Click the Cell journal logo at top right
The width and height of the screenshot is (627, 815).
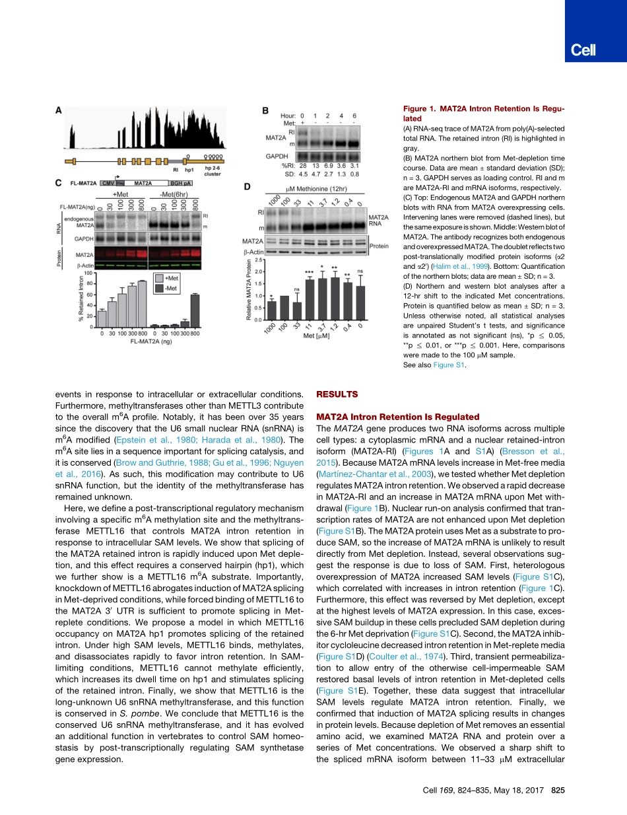pos(583,50)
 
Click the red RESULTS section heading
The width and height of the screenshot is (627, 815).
pos(337,394)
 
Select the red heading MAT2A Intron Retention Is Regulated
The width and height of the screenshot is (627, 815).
pos(399,417)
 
